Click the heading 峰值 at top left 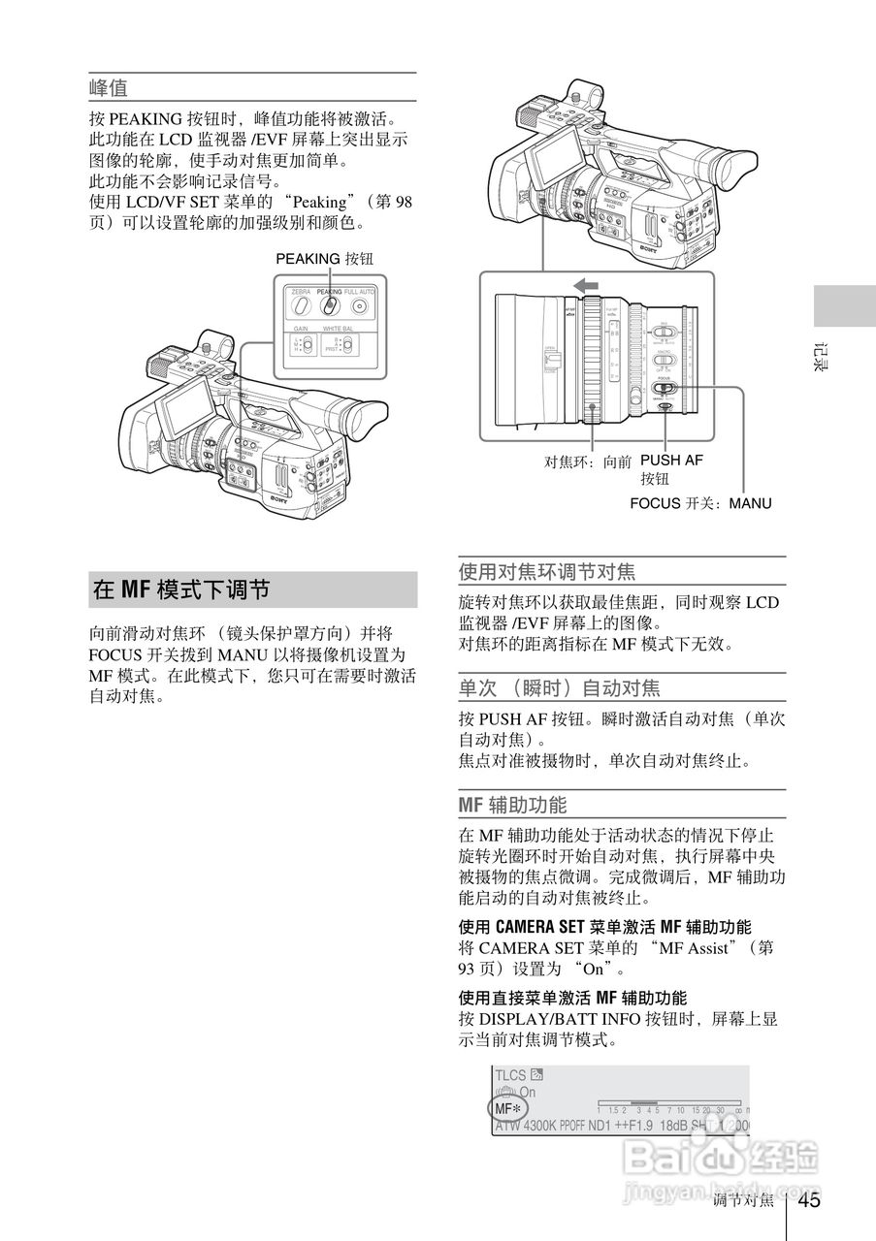[x=109, y=88]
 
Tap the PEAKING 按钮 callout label [x=324, y=259]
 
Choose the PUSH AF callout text [x=671, y=461]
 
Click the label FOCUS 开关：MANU [x=700, y=503]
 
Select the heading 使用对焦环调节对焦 [x=547, y=571]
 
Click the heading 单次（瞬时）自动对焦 [x=559, y=688]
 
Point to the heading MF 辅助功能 [x=512, y=805]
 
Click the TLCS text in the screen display [x=510, y=1075]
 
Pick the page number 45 [x=809, y=1200]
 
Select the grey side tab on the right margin [x=843, y=307]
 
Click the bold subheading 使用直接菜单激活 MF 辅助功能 [x=572, y=998]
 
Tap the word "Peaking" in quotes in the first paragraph [x=319, y=202]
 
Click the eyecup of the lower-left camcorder [x=360, y=419]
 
